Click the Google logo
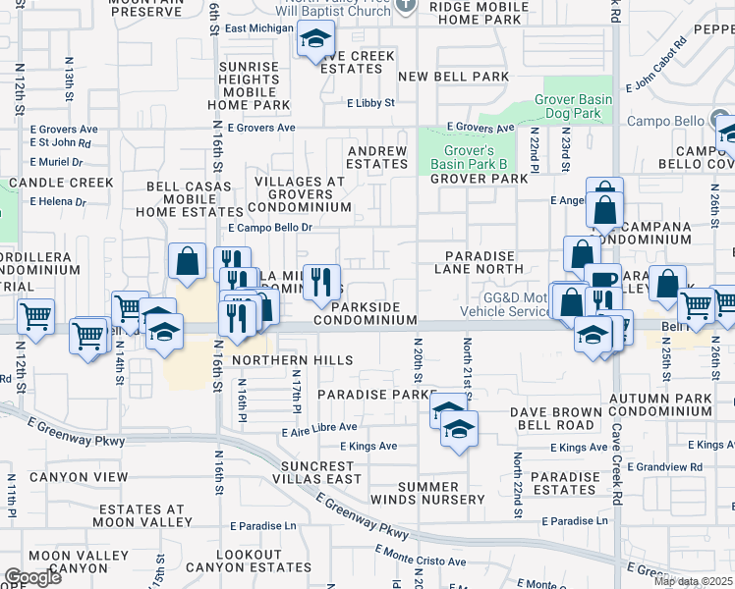32,577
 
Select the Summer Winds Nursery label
441,493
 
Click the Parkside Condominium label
366,313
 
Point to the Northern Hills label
292,360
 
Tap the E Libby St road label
370,102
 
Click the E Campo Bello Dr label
269,227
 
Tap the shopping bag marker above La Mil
187,262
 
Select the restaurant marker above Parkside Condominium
321,283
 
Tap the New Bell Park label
454,77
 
